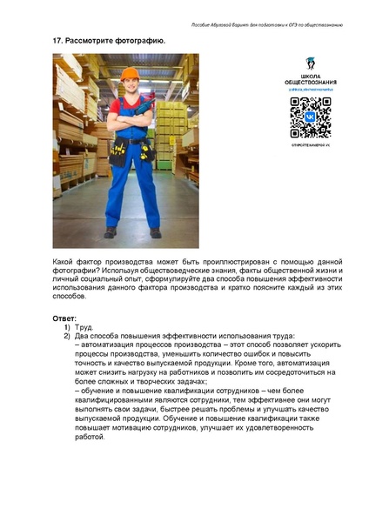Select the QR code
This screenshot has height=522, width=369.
pyautogui.click(x=310, y=117)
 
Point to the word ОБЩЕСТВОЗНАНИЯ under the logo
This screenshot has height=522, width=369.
pyautogui.click(x=311, y=83)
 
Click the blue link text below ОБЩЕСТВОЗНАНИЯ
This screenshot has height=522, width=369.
pyautogui.click(x=310, y=90)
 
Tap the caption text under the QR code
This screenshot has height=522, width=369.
pyautogui.click(x=310, y=147)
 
